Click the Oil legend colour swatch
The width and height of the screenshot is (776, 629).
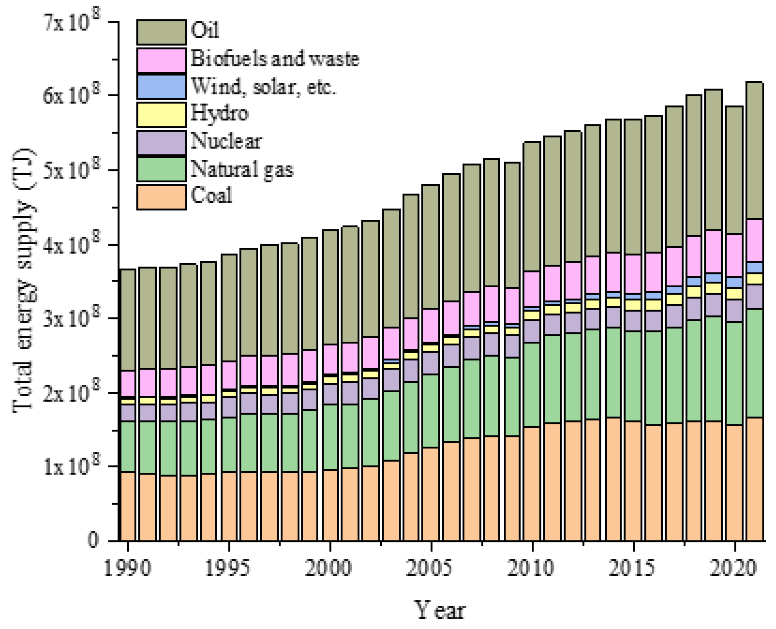(161, 32)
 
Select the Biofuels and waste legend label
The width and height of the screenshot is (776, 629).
(275, 59)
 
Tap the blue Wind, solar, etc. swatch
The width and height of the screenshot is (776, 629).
(161, 87)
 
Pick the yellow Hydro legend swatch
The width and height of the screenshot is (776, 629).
(161, 114)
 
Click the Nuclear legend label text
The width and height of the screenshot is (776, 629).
(226, 141)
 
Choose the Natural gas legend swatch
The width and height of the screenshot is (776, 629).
(161, 170)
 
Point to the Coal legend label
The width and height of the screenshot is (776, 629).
(211, 196)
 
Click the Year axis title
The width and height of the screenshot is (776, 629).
(440, 610)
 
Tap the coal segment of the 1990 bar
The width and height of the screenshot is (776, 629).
(128, 506)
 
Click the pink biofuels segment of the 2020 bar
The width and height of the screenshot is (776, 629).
(734, 255)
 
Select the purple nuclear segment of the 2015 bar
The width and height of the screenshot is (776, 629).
(633, 321)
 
